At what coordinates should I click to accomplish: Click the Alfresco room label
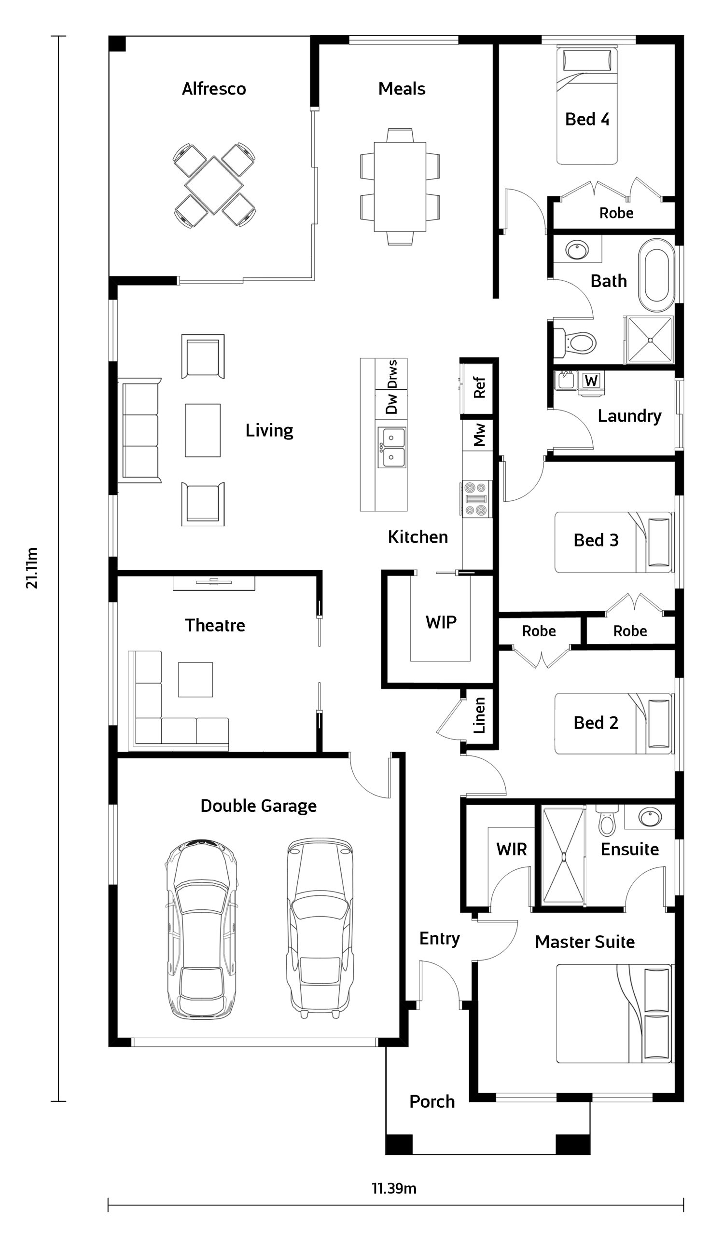pyautogui.click(x=214, y=89)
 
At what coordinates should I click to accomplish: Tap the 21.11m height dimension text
pyautogui.click(x=32, y=568)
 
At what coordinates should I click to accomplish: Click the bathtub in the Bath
pyautogui.click(x=657, y=275)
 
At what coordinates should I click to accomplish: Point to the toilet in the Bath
pyautogui.click(x=575, y=342)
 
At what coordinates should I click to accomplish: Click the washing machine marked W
pyautogui.click(x=591, y=381)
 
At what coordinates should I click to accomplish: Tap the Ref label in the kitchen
pyautogui.click(x=479, y=387)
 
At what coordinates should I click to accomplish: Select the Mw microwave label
pyautogui.click(x=479, y=435)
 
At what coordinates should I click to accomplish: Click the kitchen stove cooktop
pyautogui.click(x=476, y=498)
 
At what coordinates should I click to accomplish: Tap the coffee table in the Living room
pyautogui.click(x=203, y=430)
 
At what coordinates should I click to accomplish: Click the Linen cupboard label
pyautogui.click(x=479, y=715)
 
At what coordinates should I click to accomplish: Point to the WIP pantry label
pyautogui.click(x=441, y=622)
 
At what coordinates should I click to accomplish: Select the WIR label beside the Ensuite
pyautogui.click(x=512, y=849)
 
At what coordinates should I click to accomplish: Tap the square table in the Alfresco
pyautogui.click(x=214, y=185)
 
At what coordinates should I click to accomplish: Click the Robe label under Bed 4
pyautogui.click(x=616, y=213)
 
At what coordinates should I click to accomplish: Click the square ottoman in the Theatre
pyautogui.click(x=195, y=679)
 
